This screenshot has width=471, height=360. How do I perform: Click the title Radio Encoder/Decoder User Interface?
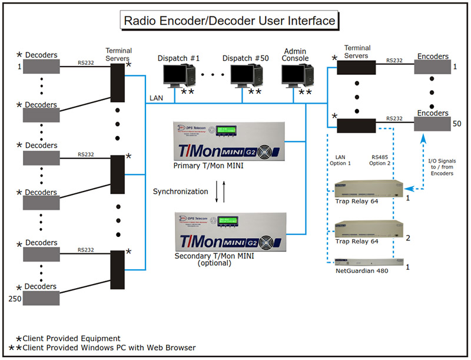click(x=229, y=21)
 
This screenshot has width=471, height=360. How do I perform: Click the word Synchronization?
click(x=180, y=191)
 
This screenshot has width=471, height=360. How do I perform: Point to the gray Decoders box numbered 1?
click(x=41, y=67)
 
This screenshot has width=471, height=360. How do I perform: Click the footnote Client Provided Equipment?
click(x=71, y=338)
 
